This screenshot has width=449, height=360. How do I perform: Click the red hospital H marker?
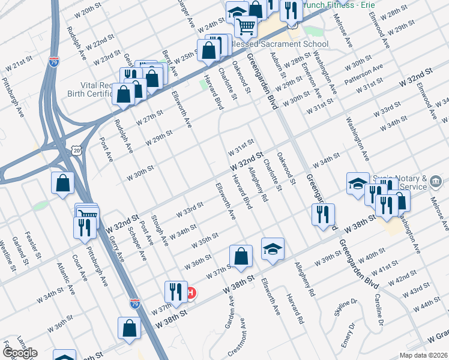click(191, 293)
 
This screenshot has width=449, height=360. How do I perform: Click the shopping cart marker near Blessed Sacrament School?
click(246, 26)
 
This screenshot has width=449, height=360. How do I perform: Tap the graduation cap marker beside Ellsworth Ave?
click(273, 250)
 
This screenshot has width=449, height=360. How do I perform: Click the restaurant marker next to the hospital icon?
click(176, 292)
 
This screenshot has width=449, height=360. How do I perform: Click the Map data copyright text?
click(424, 355)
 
